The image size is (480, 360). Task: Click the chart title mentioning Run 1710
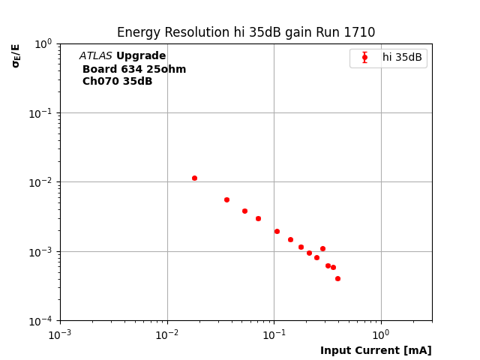point(246,32)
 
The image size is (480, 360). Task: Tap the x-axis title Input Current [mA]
point(376,350)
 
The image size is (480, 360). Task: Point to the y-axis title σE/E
point(16,55)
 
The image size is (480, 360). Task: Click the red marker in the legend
point(364,57)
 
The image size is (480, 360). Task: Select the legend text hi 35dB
point(402,57)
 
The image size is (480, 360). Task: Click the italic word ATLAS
point(95,56)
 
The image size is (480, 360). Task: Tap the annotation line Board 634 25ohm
point(134,69)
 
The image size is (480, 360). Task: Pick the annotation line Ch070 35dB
point(117,82)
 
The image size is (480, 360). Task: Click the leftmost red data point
point(194,178)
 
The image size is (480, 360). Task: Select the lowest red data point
point(337,278)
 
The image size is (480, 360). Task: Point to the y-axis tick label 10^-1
point(41,112)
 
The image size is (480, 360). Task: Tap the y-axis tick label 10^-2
point(41,182)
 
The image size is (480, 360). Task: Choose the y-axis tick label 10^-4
point(41,321)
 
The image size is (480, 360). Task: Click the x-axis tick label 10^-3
point(60,334)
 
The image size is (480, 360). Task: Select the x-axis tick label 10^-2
point(167,334)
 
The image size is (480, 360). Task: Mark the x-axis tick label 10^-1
point(274,334)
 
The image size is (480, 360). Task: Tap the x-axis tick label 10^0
point(381,334)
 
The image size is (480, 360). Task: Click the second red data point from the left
point(226,199)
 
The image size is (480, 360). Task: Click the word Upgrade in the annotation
point(141,56)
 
